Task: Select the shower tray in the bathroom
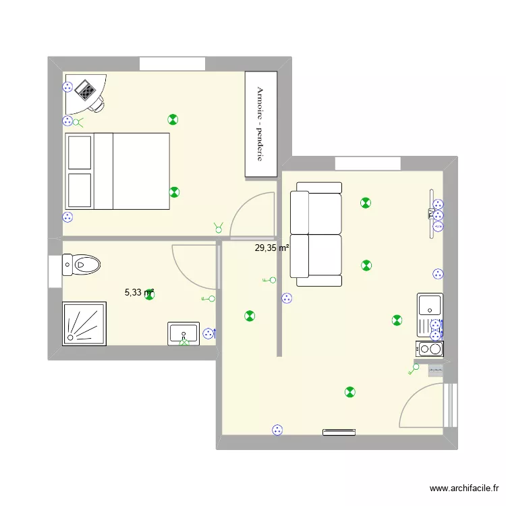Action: (x=84, y=323)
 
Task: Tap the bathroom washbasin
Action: (x=184, y=333)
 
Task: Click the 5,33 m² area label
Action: (x=139, y=293)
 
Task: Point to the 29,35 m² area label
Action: (x=271, y=248)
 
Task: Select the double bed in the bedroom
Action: (x=117, y=171)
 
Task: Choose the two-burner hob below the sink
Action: (x=429, y=349)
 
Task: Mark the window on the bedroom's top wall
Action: (x=172, y=64)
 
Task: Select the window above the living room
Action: (x=368, y=163)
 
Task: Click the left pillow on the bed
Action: (x=80, y=152)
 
